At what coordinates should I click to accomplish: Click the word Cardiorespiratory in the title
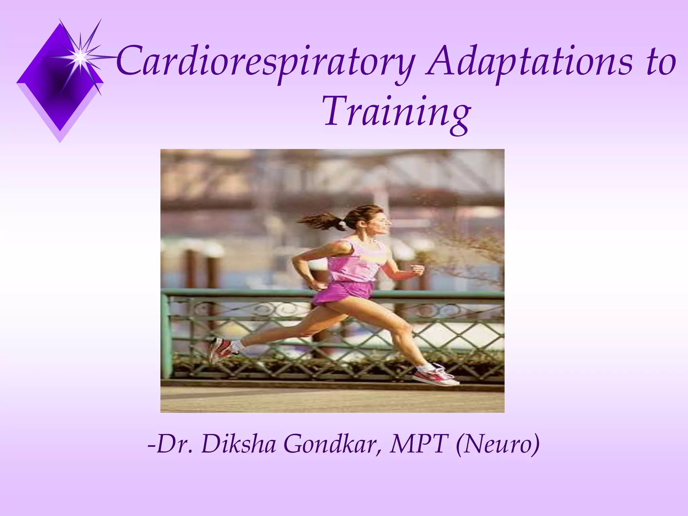265,62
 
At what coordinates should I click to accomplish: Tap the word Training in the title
396,113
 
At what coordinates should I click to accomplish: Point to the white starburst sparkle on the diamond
80,57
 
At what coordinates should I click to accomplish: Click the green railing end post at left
166,336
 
